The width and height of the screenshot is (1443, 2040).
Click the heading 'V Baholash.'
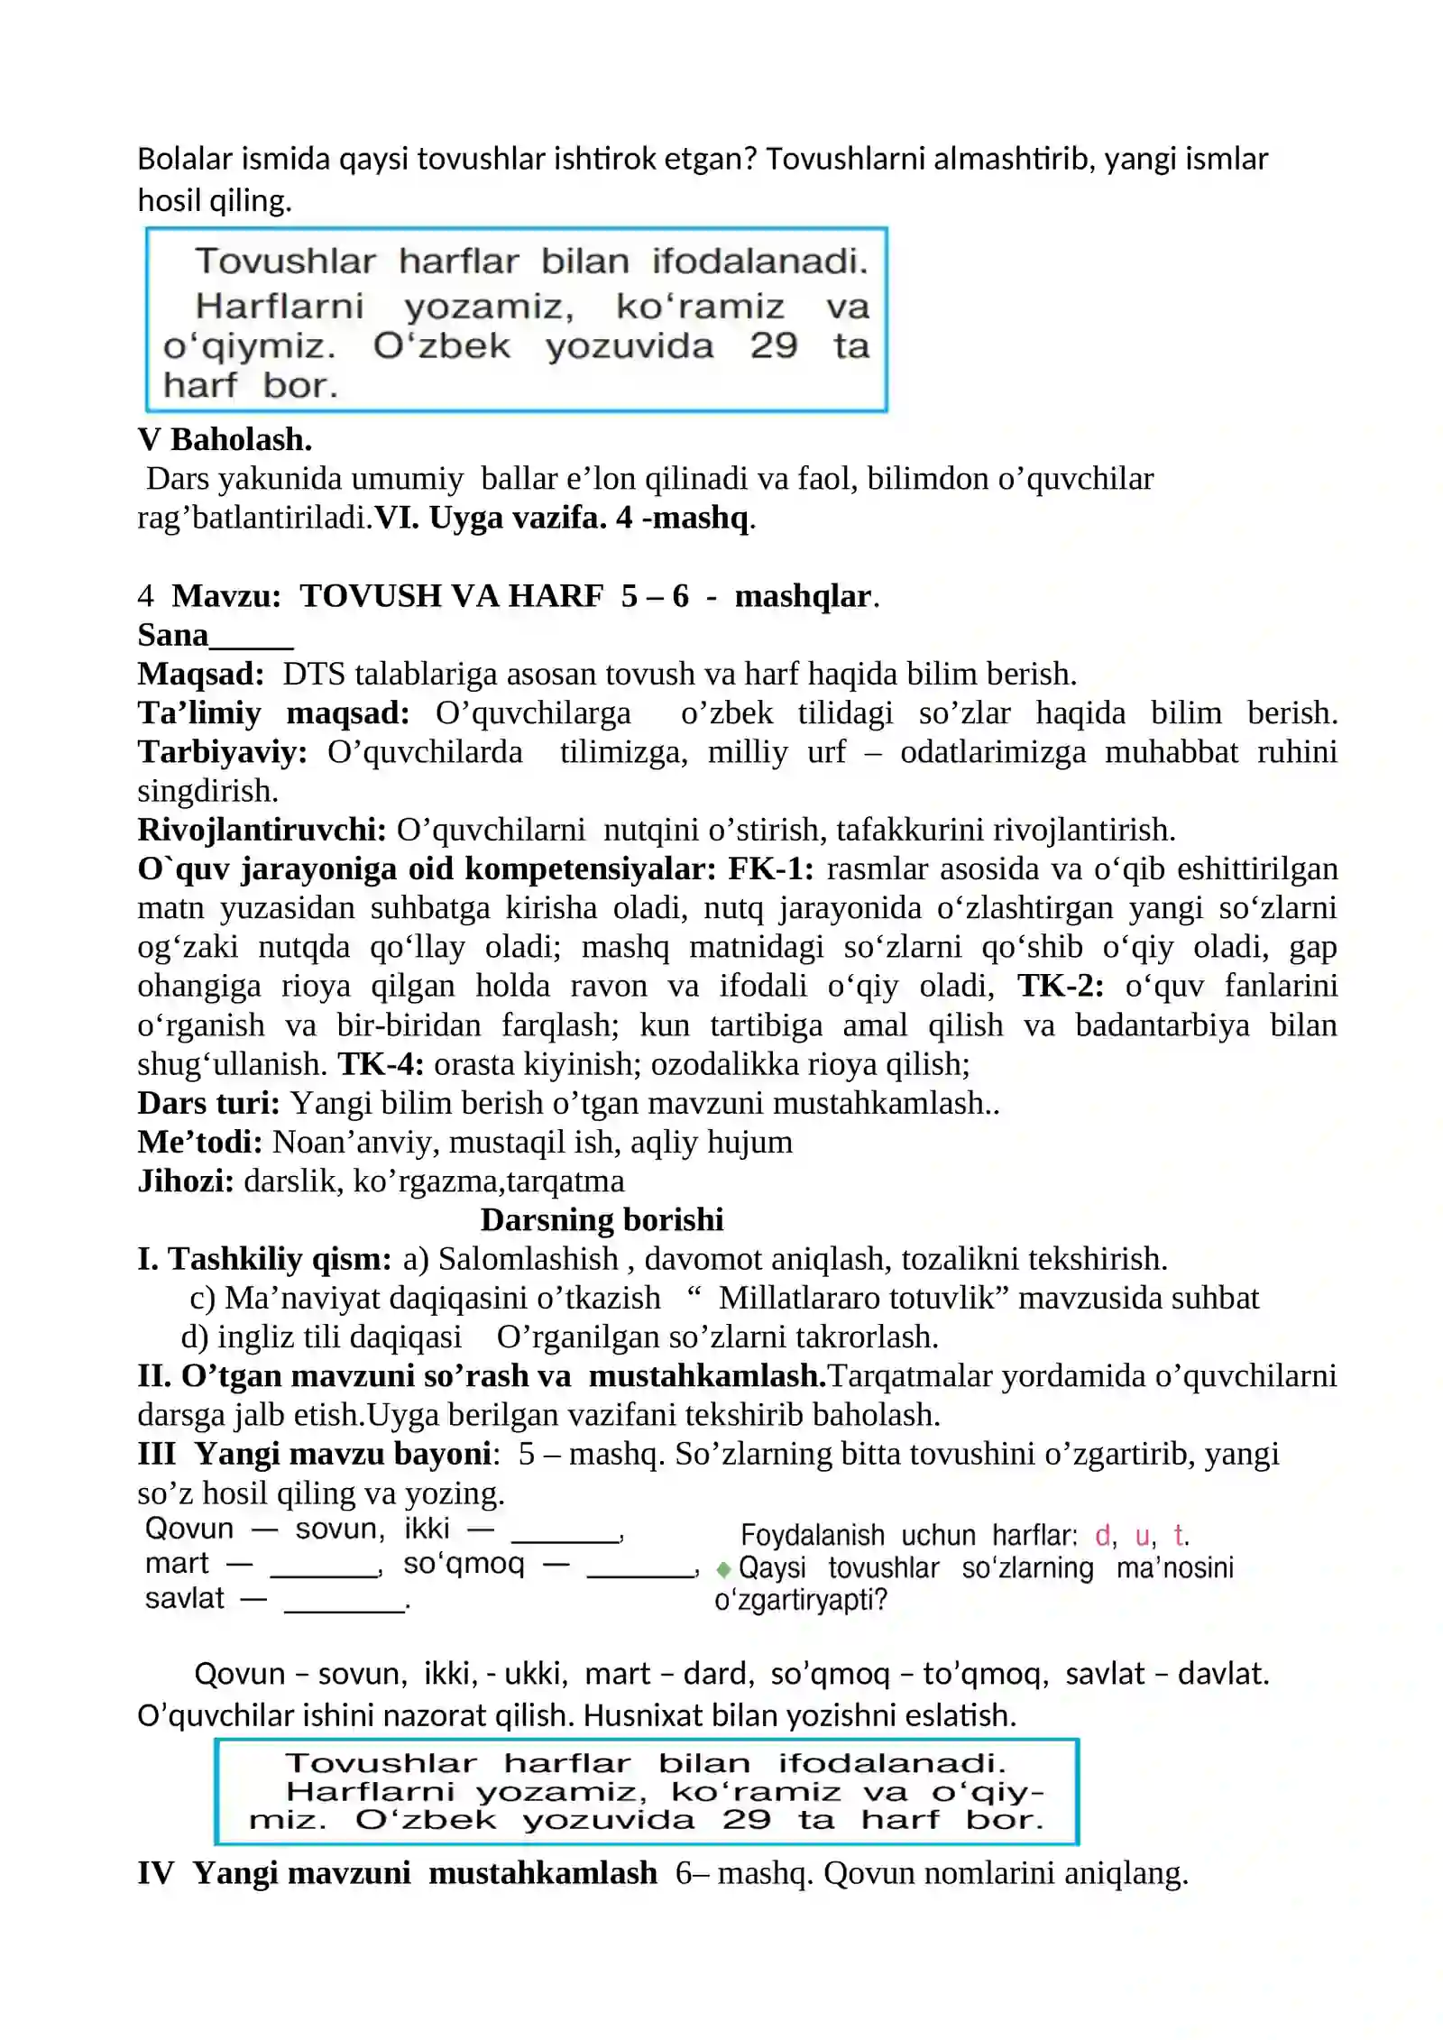[225, 439]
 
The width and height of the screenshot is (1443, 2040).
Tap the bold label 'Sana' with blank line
[215, 635]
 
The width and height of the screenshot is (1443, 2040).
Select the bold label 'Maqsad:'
[200, 674]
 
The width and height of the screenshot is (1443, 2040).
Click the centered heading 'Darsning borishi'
[602, 1219]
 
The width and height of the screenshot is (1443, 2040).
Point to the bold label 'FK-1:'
[770, 868]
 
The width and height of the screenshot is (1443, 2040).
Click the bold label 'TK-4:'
[381, 1063]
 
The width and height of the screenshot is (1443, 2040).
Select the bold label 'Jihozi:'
[186, 1181]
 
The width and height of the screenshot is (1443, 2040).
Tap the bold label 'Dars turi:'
[208, 1102]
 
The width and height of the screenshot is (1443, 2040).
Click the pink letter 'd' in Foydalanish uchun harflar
[1103, 1535]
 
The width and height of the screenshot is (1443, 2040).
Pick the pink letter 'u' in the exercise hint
[1143, 1535]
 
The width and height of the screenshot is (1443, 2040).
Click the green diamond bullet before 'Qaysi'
[723, 1570]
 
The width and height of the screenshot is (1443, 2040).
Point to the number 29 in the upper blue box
[774, 345]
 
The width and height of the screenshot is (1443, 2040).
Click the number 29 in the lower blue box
[746, 1819]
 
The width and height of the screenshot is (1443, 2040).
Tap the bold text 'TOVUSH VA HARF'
[451, 596]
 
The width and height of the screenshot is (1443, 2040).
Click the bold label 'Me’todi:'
[199, 1142]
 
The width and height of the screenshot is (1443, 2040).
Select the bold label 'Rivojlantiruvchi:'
[262, 829]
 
